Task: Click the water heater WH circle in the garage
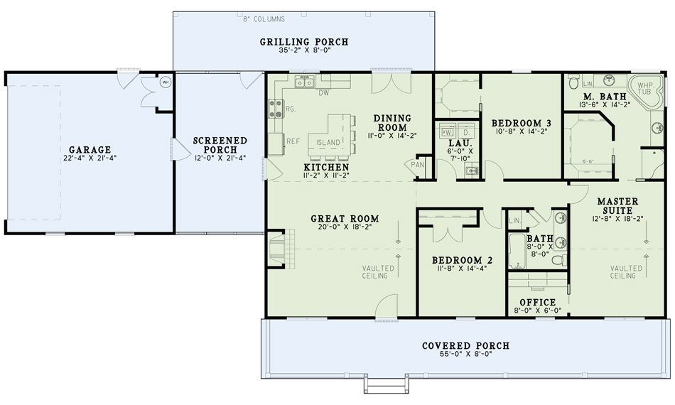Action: coord(165,82)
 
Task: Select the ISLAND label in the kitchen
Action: coord(328,143)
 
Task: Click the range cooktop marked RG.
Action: coord(274,109)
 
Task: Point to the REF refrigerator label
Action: coord(293,141)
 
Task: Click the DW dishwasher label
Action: coord(323,93)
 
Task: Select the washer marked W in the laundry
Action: coord(448,131)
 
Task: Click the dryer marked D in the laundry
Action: coord(467,131)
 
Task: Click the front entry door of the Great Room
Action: coord(386,306)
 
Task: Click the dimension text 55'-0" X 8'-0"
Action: coord(466,355)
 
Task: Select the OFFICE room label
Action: coord(538,302)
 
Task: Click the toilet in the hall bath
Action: coord(558,261)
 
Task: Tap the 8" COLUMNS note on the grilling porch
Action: coord(264,19)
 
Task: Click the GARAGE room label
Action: coord(90,150)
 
